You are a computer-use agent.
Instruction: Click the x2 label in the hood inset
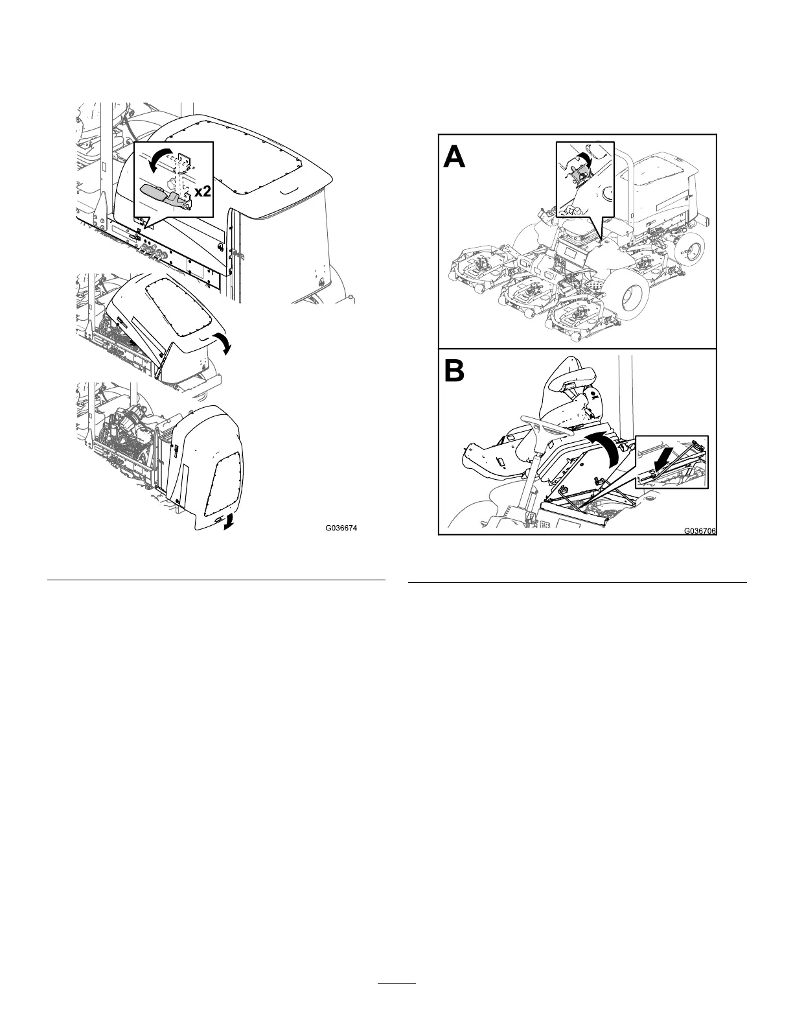[201, 192]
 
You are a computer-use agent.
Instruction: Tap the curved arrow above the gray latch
[158, 159]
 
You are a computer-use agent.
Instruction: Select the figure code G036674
[341, 528]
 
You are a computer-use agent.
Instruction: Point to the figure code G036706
[700, 531]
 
